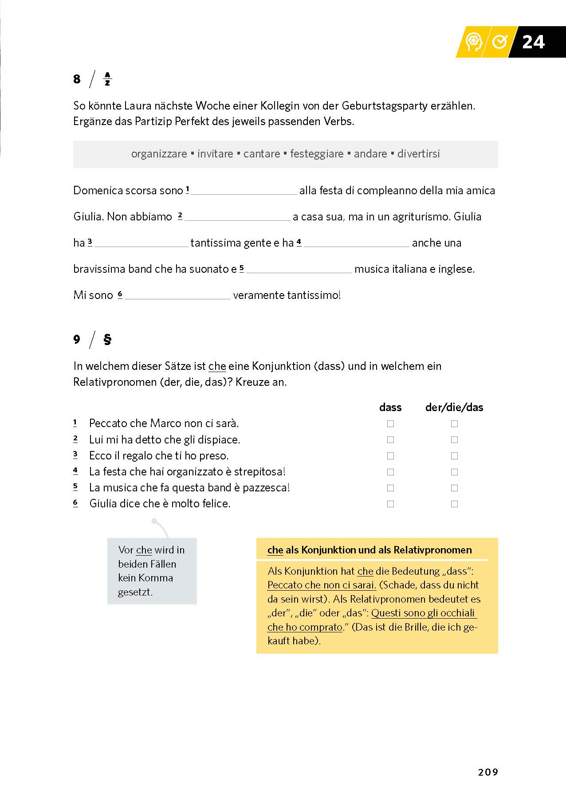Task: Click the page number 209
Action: point(488,772)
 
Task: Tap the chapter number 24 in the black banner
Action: point(533,42)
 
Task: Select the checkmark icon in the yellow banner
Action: point(499,42)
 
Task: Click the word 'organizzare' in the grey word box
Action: point(159,154)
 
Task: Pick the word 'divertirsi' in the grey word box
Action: point(418,154)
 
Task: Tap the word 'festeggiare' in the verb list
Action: point(317,154)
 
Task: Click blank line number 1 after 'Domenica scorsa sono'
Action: point(244,191)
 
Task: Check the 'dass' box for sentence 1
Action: point(390,424)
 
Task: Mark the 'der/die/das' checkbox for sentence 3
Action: point(454,456)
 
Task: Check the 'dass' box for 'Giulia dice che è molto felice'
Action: point(390,504)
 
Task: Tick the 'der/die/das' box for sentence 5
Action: point(454,488)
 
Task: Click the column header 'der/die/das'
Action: point(454,407)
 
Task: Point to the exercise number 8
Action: point(77,79)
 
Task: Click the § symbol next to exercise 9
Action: point(107,340)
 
